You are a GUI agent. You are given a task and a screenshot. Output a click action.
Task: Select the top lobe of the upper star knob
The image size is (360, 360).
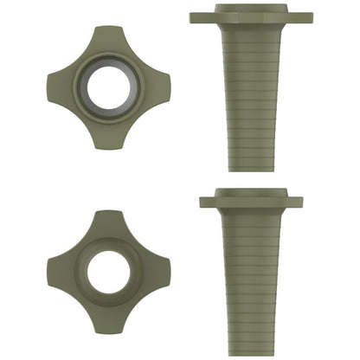click(x=109, y=39)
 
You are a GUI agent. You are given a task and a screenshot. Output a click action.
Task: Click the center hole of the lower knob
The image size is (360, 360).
click(x=109, y=271)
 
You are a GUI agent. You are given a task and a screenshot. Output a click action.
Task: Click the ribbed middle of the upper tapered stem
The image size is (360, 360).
click(x=252, y=95)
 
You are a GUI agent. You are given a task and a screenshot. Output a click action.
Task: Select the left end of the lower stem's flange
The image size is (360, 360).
click(x=206, y=202)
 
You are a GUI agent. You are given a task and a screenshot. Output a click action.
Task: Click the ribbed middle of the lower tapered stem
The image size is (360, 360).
click(x=252, y=277)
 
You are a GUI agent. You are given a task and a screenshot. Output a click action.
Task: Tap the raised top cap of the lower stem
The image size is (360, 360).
click(x=252, y=192)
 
